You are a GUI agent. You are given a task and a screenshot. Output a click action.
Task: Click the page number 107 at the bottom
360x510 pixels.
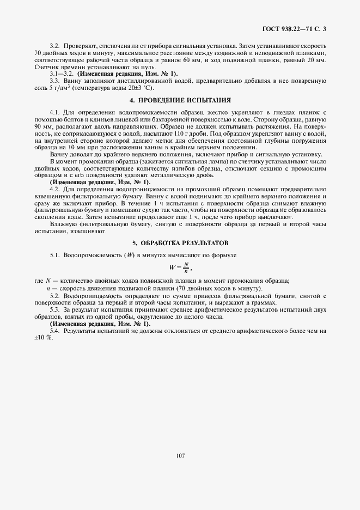180,455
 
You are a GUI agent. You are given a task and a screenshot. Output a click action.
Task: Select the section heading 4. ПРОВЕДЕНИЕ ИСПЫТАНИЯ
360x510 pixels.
180,101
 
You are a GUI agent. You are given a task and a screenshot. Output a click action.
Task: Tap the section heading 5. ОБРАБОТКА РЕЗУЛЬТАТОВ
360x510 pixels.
180,242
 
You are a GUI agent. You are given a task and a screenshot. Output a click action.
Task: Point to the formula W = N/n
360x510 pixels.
180,266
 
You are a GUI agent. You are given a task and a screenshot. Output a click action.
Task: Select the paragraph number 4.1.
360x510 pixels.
54,112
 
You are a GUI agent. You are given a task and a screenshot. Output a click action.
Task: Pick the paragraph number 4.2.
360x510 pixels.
54,188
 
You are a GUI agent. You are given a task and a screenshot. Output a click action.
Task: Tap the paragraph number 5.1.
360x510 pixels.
54,255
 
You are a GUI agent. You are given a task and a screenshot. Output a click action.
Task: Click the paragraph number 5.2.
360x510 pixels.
54,295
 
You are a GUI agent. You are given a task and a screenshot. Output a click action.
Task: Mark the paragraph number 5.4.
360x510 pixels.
54,331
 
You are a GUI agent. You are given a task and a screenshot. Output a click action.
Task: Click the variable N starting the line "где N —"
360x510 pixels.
46,281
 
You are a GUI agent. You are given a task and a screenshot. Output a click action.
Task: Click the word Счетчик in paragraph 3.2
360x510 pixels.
45,66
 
